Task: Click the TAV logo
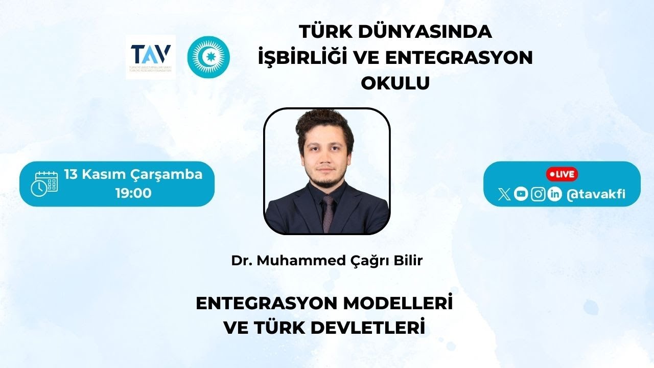click(151, 57)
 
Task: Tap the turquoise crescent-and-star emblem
click(208, 57)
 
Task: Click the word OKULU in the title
click(395, 83)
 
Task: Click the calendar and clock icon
click(44, 184)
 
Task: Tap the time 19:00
click(133, 193)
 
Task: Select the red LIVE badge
click(562, 174)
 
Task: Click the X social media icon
click(504, 194)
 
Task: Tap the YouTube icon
click(521, 194)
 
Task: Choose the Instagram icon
click(538, 194)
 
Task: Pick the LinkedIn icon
click(554, 194)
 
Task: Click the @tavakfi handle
click(596, 194)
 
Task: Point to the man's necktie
click(328, 214)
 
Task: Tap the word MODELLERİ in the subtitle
click(398, 304)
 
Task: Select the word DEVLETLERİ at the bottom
click(367, 328)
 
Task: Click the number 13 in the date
click(71, 174)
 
